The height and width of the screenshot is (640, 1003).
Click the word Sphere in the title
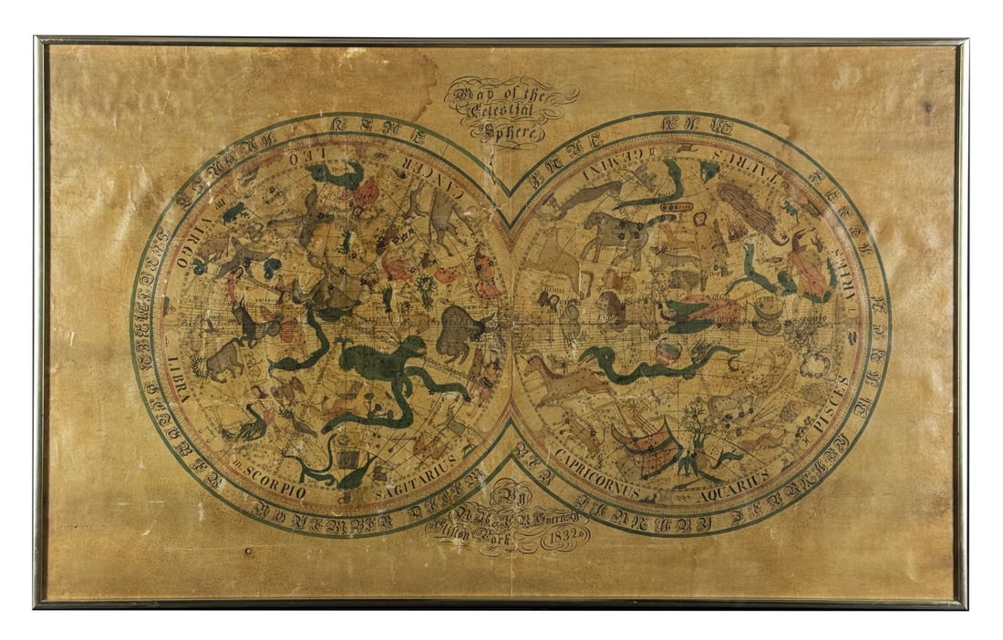[x=512, y=129]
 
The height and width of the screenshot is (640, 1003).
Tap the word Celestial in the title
[x=512, y=111]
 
